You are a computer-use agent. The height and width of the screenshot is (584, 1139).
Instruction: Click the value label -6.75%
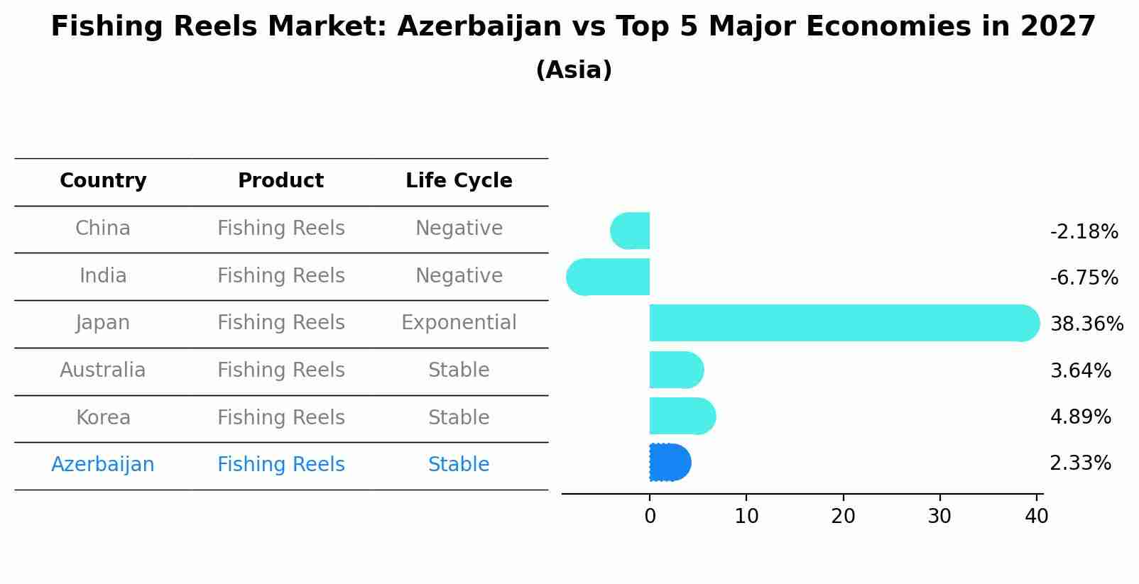click(1084, 277)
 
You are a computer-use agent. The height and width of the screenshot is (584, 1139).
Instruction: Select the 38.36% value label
click(1086, 324)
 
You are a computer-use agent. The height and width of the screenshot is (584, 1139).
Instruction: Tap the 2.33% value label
click(1080, 463)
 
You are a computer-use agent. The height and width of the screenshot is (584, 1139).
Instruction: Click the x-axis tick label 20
click(843, 517)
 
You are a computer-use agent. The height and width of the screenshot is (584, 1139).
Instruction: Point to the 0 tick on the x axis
click(650, 517)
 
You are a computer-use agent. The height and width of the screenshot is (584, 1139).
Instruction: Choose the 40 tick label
click(1036, 517)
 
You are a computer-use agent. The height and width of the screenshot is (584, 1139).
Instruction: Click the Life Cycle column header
click(459, 181)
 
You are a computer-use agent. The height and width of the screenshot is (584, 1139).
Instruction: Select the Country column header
click(103, 181)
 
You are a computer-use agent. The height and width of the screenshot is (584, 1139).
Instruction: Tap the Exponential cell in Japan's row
click(459, 323)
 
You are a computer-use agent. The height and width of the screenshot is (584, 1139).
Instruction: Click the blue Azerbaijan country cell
click(103, 465)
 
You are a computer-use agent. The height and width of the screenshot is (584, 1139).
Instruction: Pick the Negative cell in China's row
click(459, 228)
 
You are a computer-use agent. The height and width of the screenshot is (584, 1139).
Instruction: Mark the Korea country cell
click(103, 417)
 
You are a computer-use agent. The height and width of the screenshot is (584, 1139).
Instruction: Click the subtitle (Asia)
click(574, 70)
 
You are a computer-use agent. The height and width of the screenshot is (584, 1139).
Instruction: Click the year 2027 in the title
click(1058, 27)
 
